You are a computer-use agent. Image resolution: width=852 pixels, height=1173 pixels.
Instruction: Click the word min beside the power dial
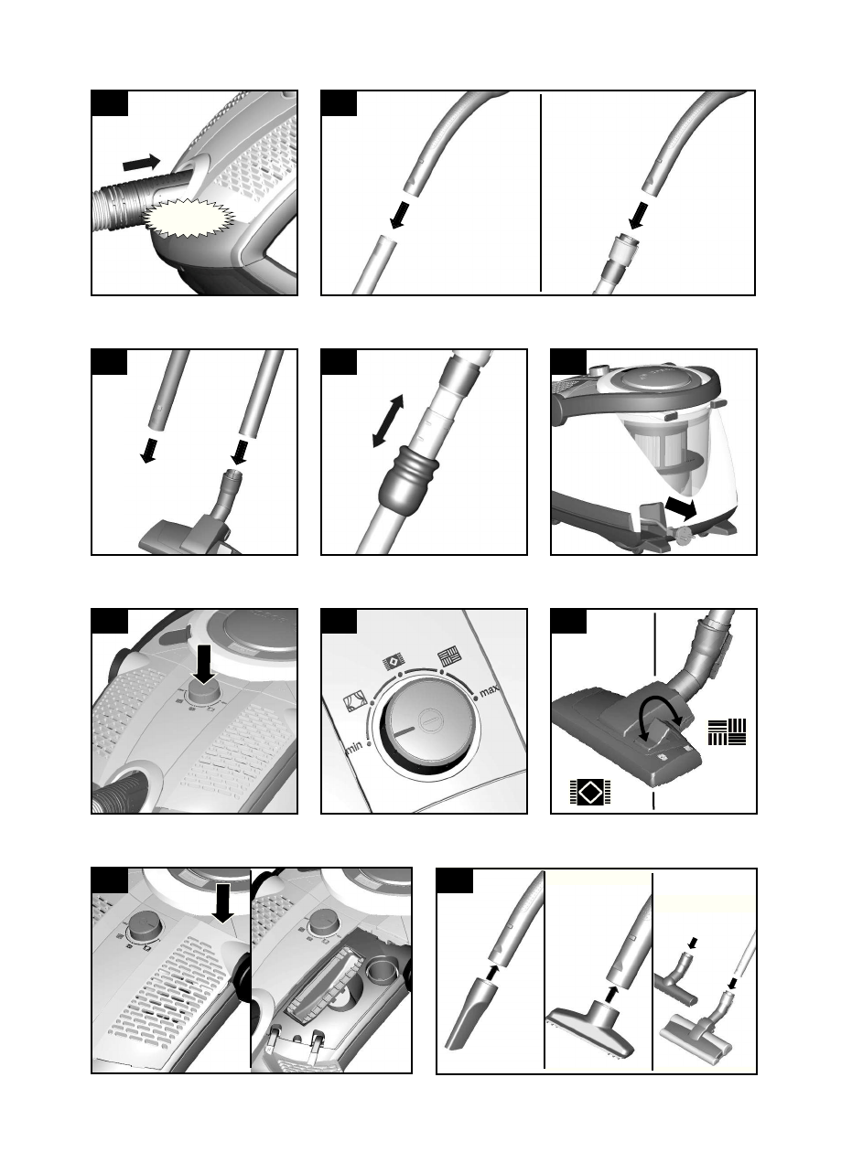(353, 748)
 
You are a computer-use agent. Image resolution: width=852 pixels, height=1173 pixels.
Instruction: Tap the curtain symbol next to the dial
(354, 702)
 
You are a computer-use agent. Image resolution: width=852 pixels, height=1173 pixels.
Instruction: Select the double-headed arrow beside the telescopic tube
(388, 421)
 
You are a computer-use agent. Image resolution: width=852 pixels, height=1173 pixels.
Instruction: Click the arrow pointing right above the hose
(142, 163)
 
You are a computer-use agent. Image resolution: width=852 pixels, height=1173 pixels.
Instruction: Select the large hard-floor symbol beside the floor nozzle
(727, 732)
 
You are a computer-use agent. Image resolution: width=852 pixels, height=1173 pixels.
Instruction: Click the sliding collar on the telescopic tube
(408, 479)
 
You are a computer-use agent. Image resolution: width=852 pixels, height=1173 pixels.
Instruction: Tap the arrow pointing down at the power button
(204, 665)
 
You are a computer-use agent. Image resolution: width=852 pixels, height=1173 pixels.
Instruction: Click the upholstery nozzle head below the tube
(590, 1028)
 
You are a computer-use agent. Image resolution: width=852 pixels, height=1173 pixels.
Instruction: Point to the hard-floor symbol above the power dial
(449, 656)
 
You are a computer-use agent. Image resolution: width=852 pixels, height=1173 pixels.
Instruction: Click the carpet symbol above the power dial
(394, 661)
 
